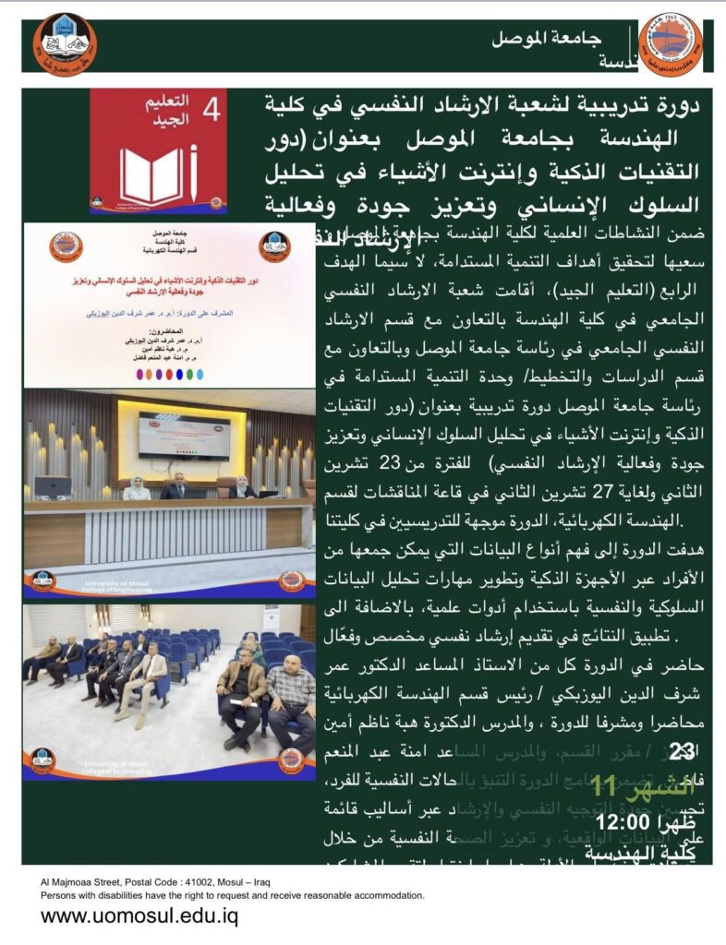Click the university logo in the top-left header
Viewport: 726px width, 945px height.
(x=65, y=44)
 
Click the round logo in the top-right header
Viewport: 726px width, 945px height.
(x=670, y=44)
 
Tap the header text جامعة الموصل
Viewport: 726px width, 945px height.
(x=546, y=39)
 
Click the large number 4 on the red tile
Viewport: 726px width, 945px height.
(x=211, y=112)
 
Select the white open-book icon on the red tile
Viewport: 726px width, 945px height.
(x=152, y=176)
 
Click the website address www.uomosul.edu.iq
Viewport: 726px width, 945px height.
(x=139, y=916)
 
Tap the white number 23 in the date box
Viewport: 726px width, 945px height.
(x=682, y=753)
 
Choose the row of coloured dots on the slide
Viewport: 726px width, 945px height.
(x=171, y=375)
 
